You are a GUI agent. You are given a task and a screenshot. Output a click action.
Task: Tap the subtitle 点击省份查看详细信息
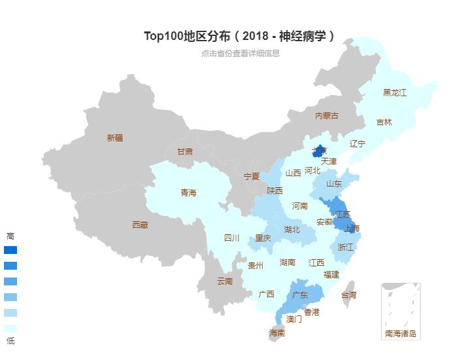point(240,54)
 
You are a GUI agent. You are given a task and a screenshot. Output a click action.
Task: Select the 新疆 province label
point(114,137)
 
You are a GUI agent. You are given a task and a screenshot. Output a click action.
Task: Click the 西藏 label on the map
point(140,225)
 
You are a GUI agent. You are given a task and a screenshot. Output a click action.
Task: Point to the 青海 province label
point(188,192)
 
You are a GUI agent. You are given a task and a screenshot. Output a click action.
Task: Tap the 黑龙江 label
point(394,93)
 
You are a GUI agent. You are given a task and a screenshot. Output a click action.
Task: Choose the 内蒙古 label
point(327,116)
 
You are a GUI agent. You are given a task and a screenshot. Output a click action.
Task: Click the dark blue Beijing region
point(319,151)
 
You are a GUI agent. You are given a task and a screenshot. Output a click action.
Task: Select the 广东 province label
point(300,295)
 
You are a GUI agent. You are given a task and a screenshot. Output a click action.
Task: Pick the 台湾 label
point(349,295)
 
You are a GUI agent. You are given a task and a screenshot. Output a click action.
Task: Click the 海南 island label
point(277,333)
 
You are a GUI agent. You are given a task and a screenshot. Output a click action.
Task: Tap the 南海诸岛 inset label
point(400,334)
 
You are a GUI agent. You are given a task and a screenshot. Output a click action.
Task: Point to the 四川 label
point(232,238)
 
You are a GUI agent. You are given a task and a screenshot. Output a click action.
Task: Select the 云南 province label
point(224,281)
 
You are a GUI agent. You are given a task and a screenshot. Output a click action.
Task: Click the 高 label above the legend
point(10,236)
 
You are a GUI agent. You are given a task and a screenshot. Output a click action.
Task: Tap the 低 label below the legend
point(10,341)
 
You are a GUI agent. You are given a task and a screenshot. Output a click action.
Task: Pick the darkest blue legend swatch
point(10,250)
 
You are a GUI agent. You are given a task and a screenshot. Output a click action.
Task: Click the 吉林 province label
point(384,122)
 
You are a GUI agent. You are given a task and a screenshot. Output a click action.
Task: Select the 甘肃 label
point(185,151)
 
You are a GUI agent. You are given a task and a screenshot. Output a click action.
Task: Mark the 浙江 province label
point(345,247)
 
